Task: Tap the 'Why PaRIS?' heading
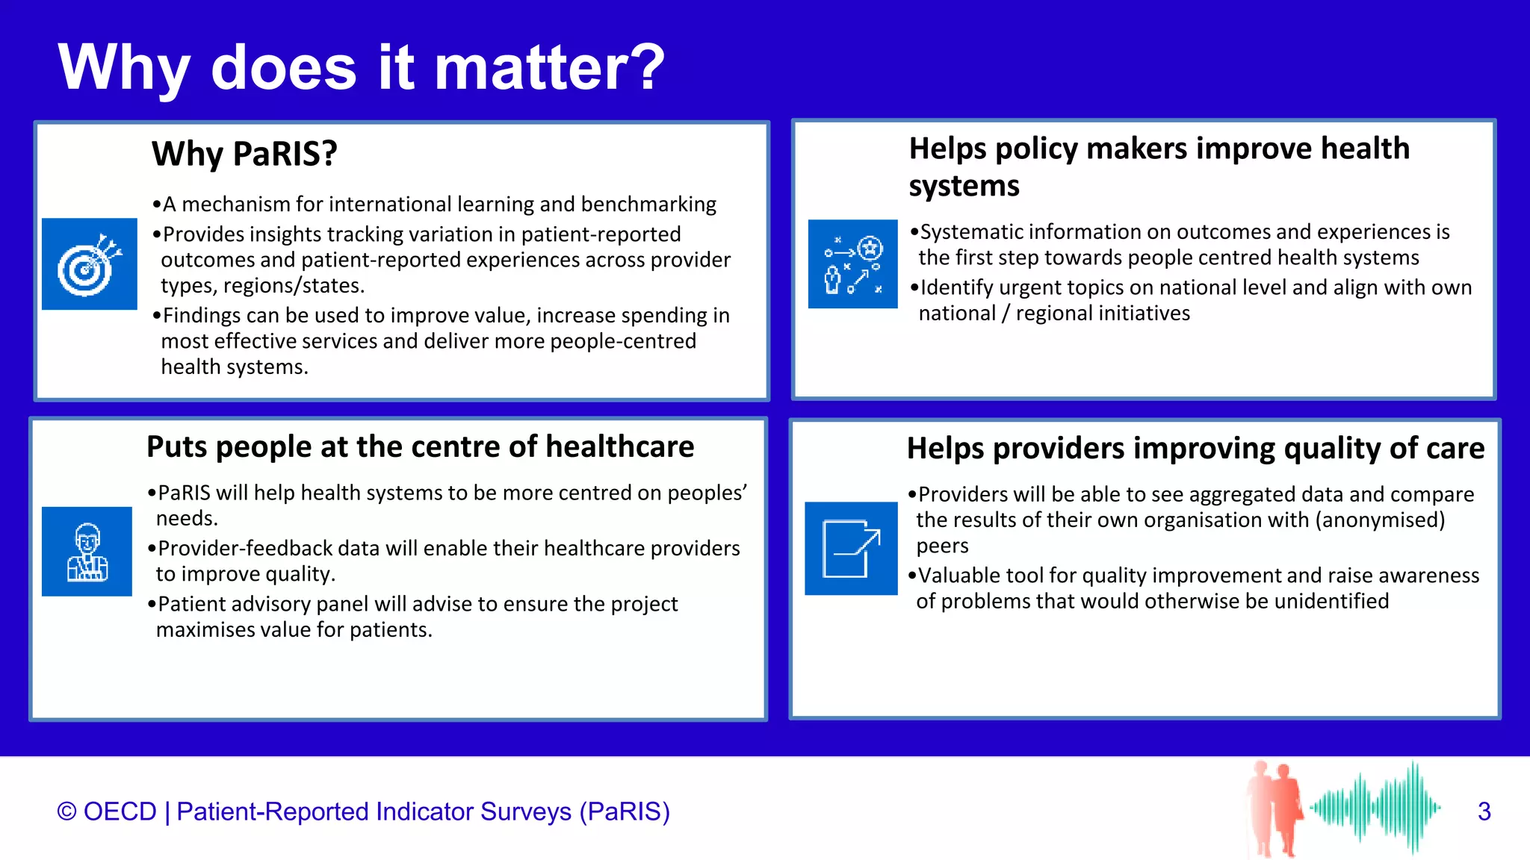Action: pos(244,154)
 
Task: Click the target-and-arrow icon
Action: pos(90,264)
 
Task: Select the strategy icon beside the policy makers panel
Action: pos(852,264)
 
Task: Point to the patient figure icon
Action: pos(87,552)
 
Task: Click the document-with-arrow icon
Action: pos(851,549)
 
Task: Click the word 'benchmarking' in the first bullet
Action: pos(648,205)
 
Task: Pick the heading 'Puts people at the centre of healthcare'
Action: pos(420,446)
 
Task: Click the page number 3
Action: pos(1484,811)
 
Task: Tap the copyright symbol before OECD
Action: pos(66,811)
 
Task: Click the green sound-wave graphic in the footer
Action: pos(1375,808)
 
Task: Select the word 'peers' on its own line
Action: pos(942,546)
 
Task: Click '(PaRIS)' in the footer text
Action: pos(625,811)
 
